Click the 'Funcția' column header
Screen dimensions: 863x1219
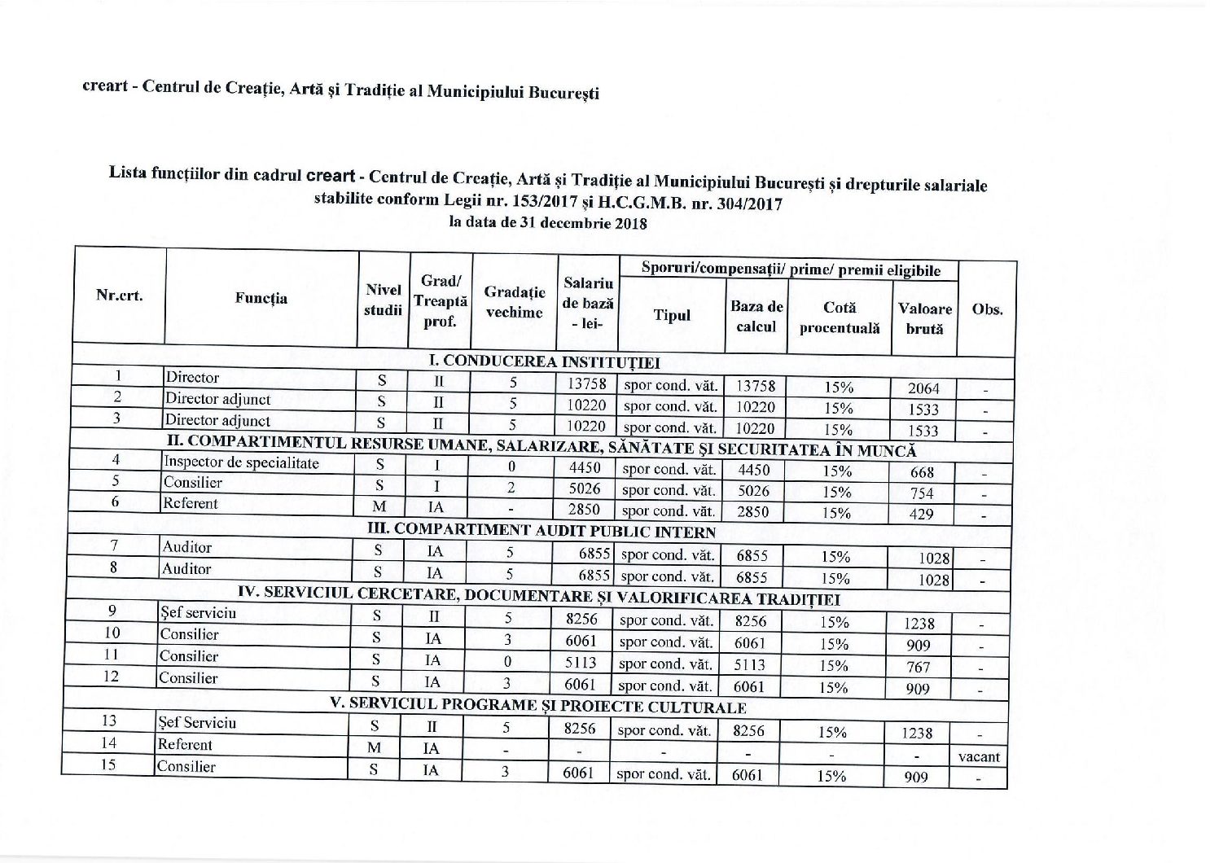261,298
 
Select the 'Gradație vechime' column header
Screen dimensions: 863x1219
514,302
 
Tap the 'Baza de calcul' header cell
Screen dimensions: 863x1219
756,316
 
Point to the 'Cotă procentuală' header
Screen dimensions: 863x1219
840,318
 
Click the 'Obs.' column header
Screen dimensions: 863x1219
987,309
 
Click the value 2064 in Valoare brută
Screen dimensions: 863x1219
923,388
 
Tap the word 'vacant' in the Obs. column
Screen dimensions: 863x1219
979,756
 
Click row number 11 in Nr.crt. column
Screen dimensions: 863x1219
112,655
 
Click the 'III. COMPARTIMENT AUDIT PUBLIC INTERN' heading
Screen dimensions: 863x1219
542,532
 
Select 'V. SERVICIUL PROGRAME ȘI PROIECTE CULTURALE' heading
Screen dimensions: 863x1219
537,706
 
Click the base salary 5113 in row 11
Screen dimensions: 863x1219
581,663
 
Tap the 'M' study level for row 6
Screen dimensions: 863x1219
379,506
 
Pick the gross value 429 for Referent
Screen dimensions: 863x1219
921,515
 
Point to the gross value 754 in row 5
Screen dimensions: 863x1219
922,493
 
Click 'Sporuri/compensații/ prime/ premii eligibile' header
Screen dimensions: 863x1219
791,270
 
